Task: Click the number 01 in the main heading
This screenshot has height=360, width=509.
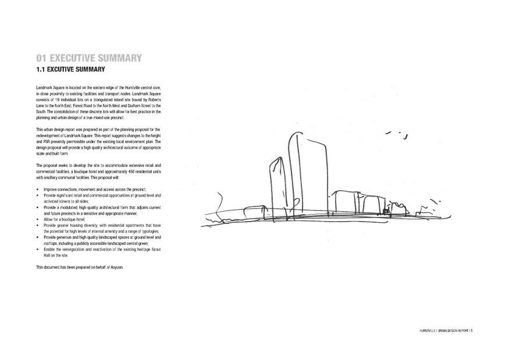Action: coord(41,58)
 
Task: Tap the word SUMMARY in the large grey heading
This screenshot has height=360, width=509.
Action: coord(121,58)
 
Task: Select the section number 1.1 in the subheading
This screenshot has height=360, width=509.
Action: coord(40,69)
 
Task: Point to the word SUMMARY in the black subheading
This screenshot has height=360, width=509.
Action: coord(90,69)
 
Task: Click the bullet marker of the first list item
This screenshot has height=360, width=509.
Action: coord(37,190)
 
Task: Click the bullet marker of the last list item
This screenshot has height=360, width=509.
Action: coord(37,249)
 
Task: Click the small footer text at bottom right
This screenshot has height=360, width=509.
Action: coord(446,330)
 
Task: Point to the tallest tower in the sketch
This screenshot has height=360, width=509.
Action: coord(296,174)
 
